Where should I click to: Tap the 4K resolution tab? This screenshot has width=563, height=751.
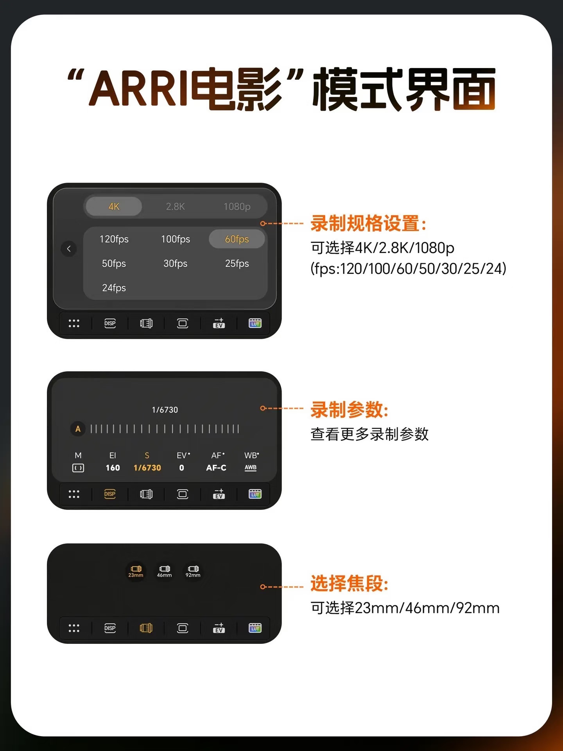click(114, 207)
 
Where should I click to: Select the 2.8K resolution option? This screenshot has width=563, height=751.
click(175, 207)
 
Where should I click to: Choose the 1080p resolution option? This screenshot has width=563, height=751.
click(237, 207)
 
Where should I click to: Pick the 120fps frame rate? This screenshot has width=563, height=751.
click(114, 239)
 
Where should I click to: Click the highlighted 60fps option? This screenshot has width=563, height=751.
click(237, 239)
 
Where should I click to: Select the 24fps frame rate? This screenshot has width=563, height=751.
click(114, 288)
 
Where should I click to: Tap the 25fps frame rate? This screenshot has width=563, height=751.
click(237, 264)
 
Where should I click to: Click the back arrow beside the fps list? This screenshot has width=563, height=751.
click(69, 248)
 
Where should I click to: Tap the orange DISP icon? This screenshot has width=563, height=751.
click(110, 494)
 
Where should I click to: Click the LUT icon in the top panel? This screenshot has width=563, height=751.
click(255, 323)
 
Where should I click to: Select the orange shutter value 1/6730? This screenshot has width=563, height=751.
click(147, 468)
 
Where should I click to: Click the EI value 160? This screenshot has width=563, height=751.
click(113, 468)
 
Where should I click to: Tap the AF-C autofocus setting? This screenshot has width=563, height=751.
click(216, 468)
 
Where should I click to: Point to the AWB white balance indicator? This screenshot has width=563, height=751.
click(251, 468)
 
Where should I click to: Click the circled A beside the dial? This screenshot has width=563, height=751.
click(78, 429)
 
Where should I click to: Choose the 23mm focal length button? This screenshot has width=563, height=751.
click(136, 571)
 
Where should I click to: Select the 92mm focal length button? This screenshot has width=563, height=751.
click(193, 571)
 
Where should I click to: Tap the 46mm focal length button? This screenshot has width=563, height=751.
click(164, 571)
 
